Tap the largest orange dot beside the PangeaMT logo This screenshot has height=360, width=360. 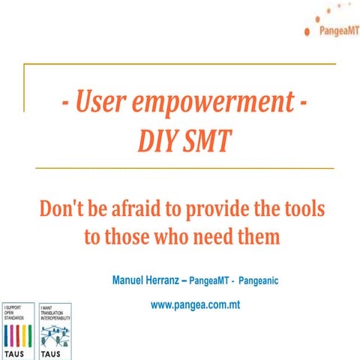point(307,31)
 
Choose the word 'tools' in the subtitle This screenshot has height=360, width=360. point(301,209)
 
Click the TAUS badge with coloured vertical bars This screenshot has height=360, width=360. point(16,331)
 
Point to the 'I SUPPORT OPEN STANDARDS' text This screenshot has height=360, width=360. point(15,313)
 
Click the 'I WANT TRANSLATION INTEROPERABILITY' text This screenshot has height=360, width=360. point(55,313)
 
